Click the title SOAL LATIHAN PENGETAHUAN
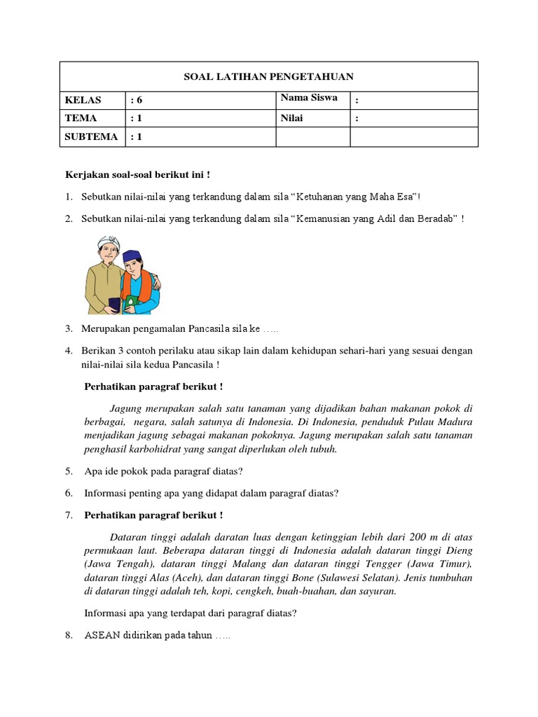pos(269,76)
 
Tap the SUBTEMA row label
pos(91,137)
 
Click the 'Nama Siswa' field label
pos(309,98)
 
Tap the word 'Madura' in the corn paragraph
pos(455,422)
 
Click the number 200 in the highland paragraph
pos(418,538)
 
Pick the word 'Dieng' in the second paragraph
pos(459,551)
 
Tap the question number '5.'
pos(69,471)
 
